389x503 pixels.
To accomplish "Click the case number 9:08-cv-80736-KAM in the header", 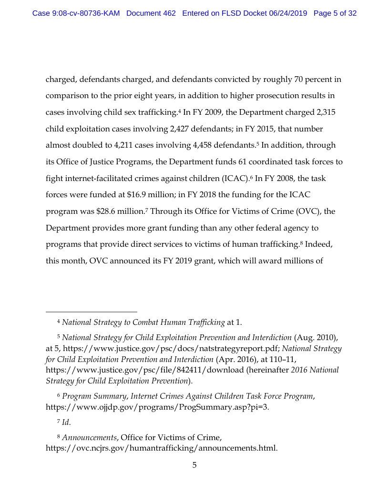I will point(76,13).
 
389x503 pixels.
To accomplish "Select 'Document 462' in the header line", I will point(151,13).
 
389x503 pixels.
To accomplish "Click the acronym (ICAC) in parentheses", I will point(239,178).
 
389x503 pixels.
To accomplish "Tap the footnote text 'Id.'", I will point(66,422).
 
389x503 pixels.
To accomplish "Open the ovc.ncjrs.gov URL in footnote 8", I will point(161,448).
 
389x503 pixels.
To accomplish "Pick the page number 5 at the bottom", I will point(194,465).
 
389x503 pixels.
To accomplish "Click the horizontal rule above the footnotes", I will point(91,312).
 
